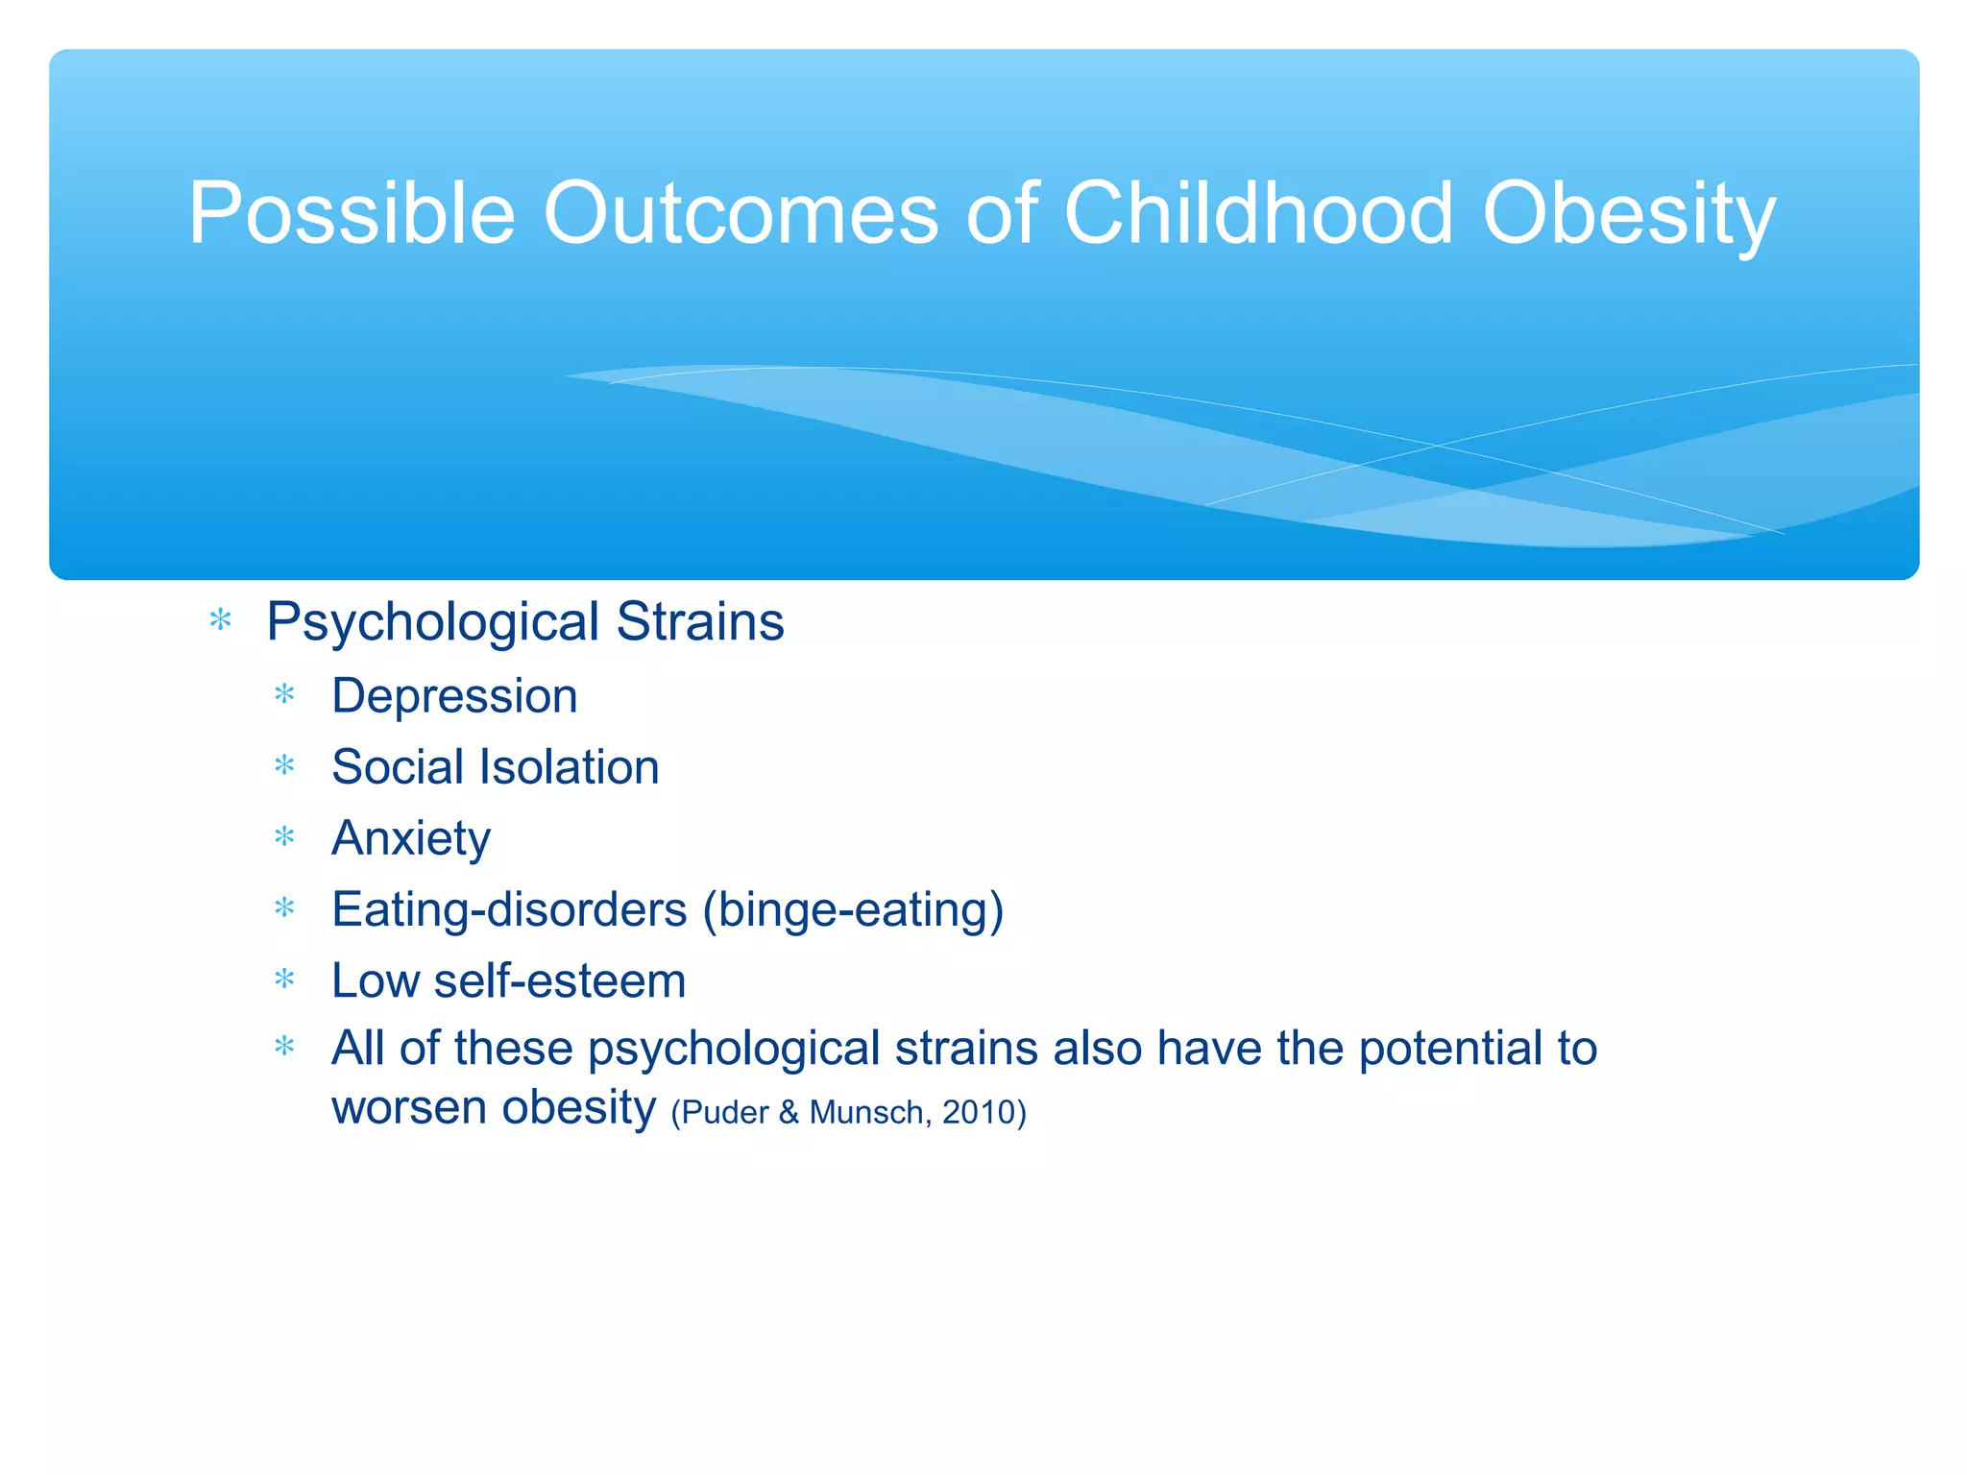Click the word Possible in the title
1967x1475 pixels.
click(352, 213)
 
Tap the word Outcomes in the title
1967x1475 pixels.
click(741, 213)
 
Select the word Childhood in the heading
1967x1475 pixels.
click(1258, 213)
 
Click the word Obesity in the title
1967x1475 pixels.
click(1629, 213)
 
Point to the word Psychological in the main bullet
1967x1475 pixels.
click(433, 622)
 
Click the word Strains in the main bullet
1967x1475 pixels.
click(700, 621)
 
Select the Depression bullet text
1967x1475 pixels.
click(454, 696)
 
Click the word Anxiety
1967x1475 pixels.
click(411, 838)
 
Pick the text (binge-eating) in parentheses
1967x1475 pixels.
click(853, 909)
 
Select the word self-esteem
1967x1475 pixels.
click(560, 981)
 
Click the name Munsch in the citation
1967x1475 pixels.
click(866, 1112)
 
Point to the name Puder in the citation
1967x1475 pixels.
click(725, 1112)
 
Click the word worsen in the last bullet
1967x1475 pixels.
click(409, 1107)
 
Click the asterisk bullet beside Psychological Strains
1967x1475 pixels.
click(221, 621)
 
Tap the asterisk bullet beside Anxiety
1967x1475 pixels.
click(284, 837)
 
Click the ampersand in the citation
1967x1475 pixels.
click(789, 1112)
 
